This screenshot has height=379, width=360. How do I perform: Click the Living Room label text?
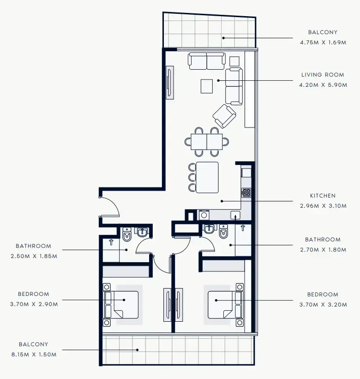click(323, 75)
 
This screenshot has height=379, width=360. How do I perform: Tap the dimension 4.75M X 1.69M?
click(323, 42)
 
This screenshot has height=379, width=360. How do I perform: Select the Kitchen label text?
click(323, 196)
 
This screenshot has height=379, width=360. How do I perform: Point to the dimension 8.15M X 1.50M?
click(33, 354)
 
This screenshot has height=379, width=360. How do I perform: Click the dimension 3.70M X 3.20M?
click(323, 304)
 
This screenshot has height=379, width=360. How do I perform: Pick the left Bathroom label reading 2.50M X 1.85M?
click(33, 256)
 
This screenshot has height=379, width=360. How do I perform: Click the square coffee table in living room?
click(207, 86)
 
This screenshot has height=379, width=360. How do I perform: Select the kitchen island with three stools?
click(207, 177)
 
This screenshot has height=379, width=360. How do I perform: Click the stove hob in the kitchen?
click(246, 193)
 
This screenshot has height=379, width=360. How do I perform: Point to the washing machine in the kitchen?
click(204, 215)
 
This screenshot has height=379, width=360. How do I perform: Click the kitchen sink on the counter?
click(235, 215)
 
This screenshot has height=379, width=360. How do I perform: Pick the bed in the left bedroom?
click(123, 304)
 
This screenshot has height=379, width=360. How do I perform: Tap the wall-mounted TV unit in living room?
click(170, 82)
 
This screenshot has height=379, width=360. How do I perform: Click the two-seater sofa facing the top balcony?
click(206, 61)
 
